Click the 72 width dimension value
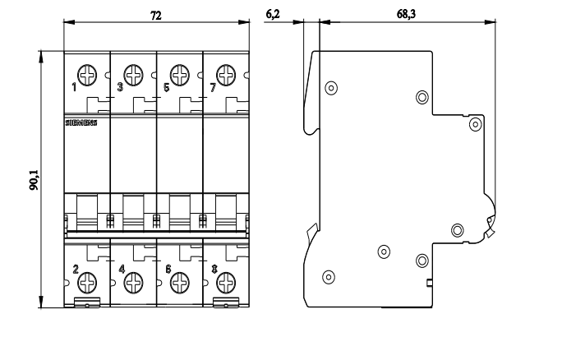pyautogui.click(x=154, y=14)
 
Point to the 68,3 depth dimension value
pyautogui.click(x=405, y=14)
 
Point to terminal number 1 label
pyautogui.click(x=74, y=86)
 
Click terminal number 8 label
pyautogui.click(x=214, y=269)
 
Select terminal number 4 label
pyautogui.click(x=122, y=269)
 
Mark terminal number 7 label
pyautogui.click(x=212, y=86)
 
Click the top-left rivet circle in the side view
pyautogui.click(x=331, y=87)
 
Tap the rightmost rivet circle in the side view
pyautogui.click(x=475, y=124)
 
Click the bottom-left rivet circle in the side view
pyautogui.click(x=329, y=276)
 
